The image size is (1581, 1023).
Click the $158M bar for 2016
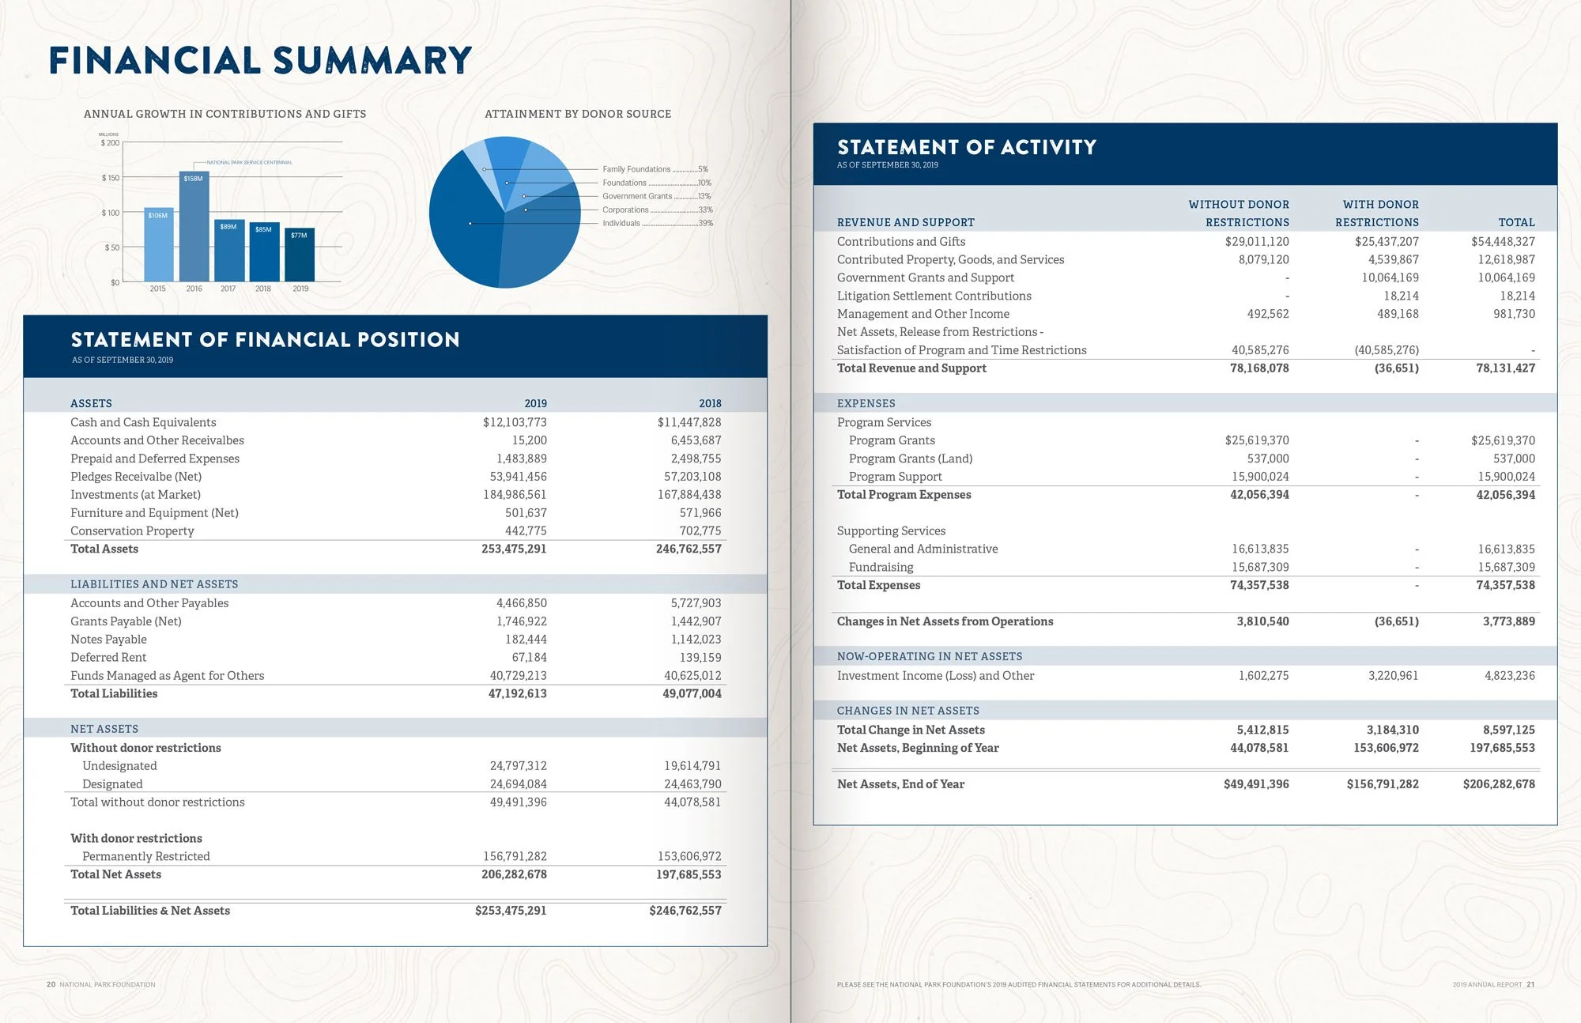[194, 226]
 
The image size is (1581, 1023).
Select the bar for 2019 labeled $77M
[300, 255]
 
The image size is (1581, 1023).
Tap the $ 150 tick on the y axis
[110, 178]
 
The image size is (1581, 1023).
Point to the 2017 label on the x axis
[228, 289]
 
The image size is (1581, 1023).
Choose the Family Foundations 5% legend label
[655, 169]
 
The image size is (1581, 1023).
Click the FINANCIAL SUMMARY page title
[260, 61]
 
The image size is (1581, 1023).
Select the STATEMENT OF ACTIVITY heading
[966, 147]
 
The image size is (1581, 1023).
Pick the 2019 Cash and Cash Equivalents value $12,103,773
[515, 422]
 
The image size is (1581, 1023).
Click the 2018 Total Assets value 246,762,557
[689, 549]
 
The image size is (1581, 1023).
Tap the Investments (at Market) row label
[135, 495]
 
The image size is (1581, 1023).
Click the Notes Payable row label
[108, 640]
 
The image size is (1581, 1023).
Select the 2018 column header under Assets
[710, 403]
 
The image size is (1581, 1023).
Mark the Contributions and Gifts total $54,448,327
[1503, 242]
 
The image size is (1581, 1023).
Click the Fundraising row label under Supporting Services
[881, 567]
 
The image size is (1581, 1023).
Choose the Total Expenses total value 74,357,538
[1505, 585]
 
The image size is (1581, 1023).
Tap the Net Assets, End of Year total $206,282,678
[1499, 784]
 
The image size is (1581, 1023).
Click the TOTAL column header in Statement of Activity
[1516, 223]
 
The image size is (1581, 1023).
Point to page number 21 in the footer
[1531, 984]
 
